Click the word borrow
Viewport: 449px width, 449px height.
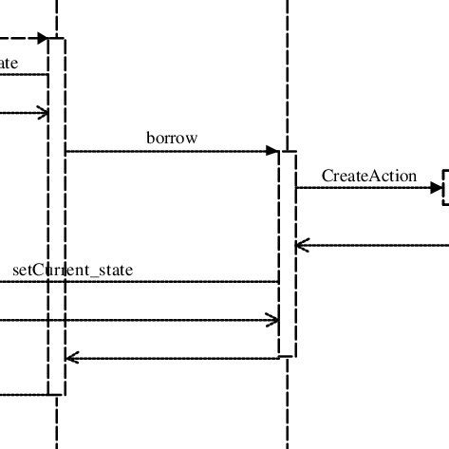(x=172, y=138)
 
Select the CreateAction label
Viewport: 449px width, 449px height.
(x=368, y=176)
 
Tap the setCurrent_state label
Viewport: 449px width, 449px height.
(x=73, y=270)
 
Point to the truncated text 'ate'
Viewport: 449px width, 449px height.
(x=8, y=64)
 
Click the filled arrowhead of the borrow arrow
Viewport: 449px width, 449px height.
(x=272, y=151)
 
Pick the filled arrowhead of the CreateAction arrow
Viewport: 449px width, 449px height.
(x=437, y=187)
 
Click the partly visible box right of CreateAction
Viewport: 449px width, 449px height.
(x=445, y=188)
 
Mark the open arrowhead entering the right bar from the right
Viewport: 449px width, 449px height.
(x=302, y=245)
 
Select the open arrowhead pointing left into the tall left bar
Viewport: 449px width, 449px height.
(x=70, y=358)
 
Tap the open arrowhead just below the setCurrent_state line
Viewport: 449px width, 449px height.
(x=272, y=320)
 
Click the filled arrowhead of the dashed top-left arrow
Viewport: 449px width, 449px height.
(x=42, y=38)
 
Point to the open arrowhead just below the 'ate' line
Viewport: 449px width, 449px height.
(x=42, y=114)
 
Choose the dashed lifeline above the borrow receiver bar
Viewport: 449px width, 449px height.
(x=287, y=76)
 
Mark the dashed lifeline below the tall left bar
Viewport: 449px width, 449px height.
(x=57, y=422)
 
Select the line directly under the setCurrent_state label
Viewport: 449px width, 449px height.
(x=142, y=281)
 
